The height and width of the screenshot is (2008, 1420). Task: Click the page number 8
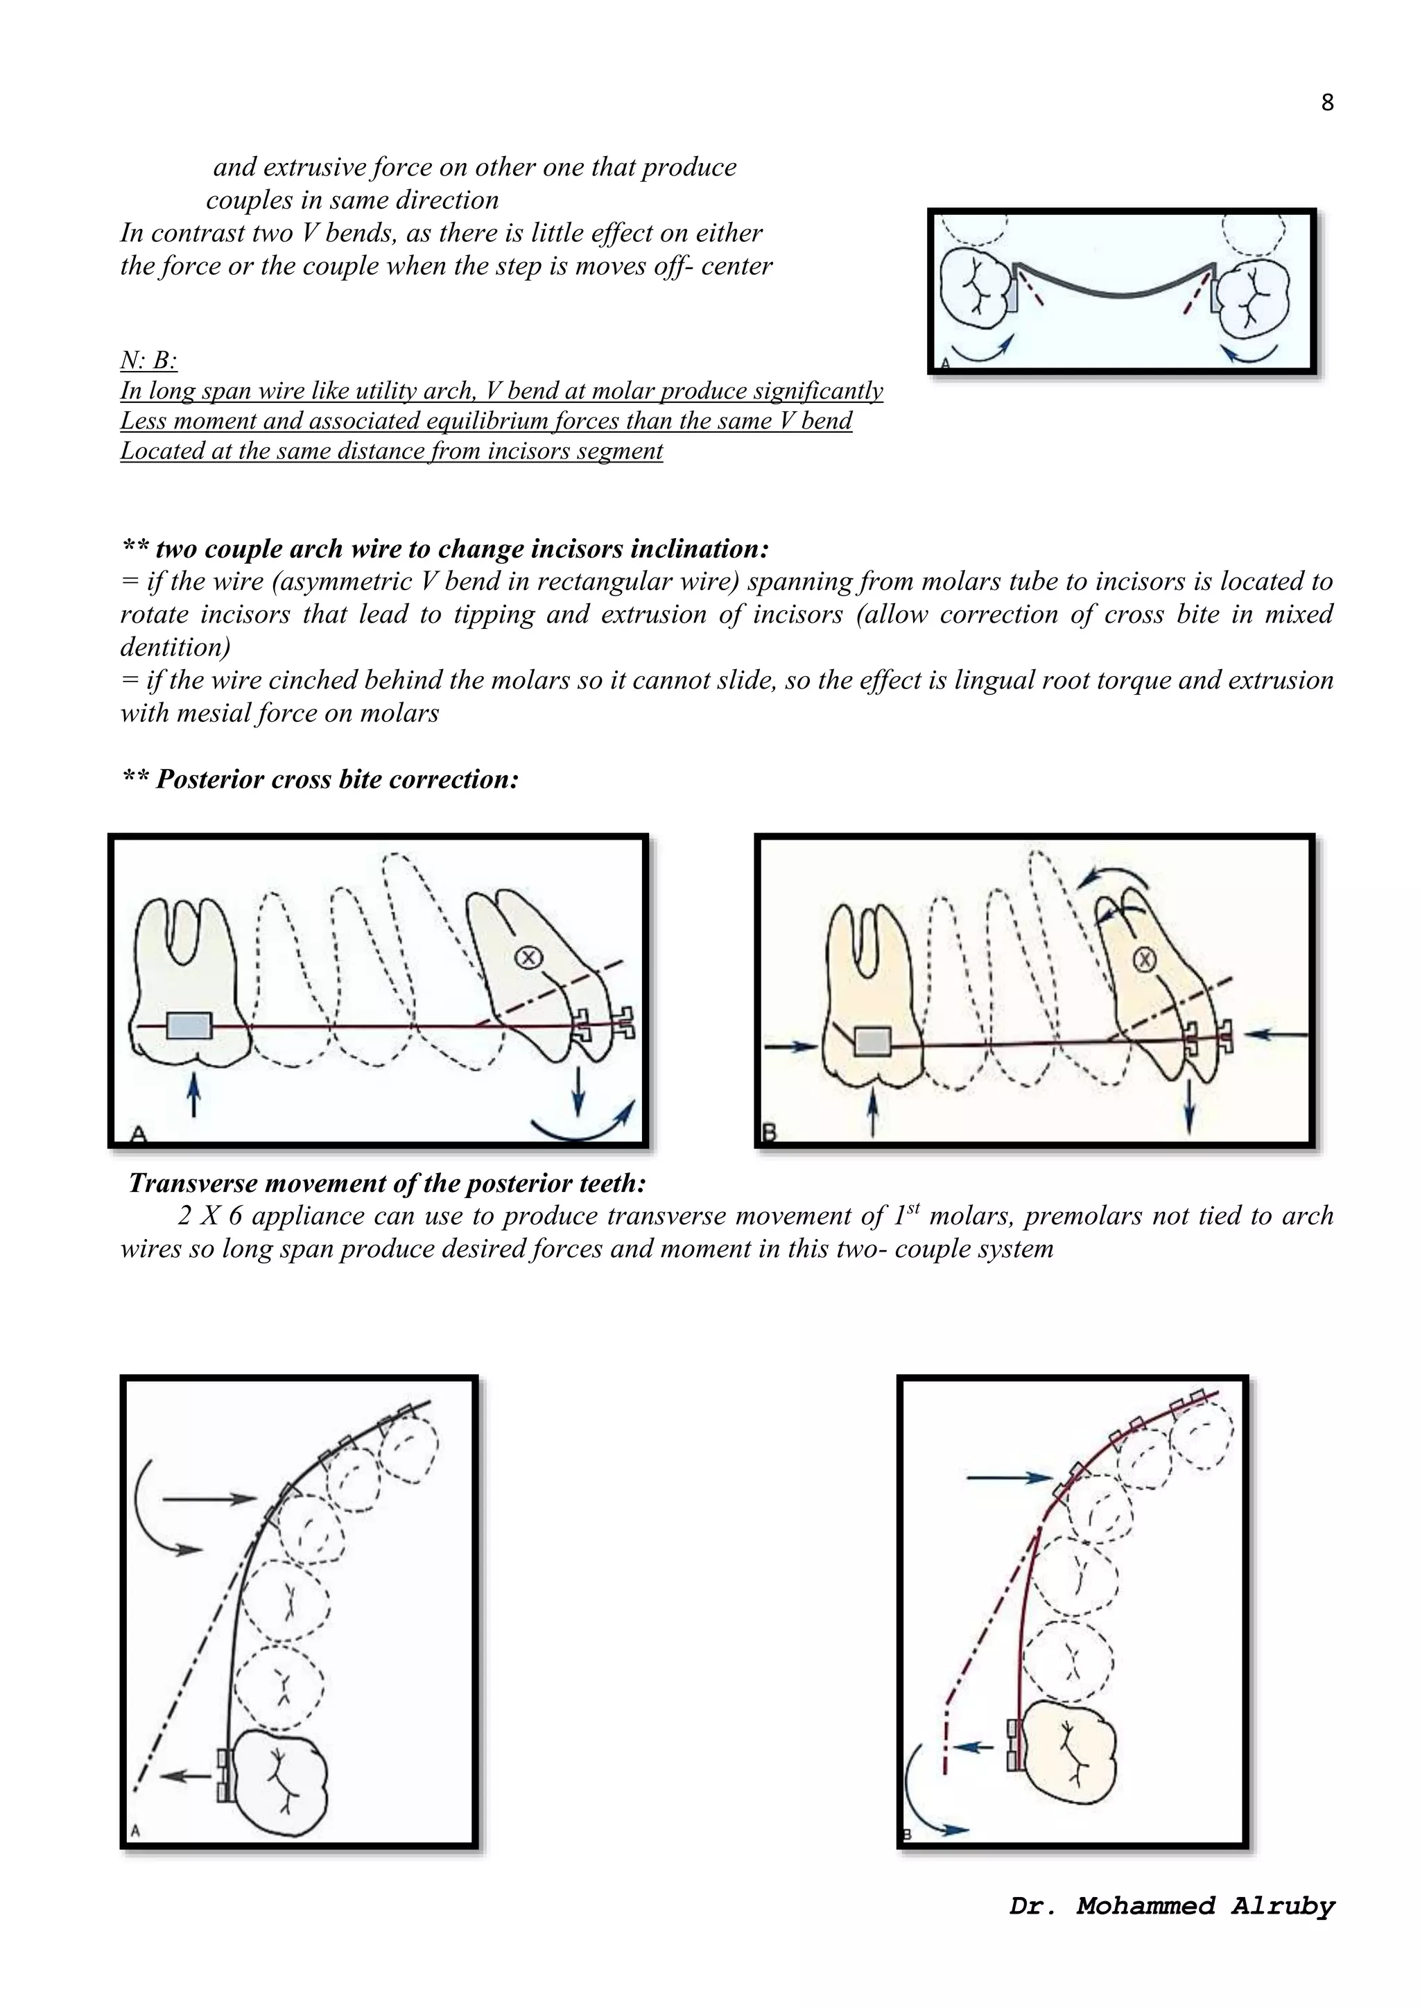(x=1326, y=103)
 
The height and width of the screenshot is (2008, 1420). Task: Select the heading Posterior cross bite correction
(x=321, y=779)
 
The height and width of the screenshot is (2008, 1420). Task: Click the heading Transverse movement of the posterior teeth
(x=388, y=1184)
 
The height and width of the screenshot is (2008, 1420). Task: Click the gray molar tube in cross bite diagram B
(x=872, y=1041)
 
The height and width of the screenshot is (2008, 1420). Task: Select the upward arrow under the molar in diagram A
(x=193, y=1095)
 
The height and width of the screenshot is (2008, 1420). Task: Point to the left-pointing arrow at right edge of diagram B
(x=1276, y=1035)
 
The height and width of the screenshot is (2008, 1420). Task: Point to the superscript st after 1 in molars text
(x=913, y=1208)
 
